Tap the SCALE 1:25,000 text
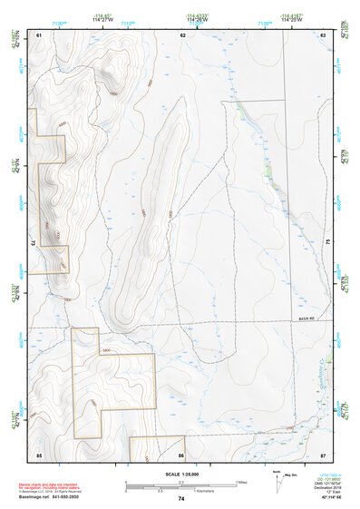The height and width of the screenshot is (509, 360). tap(180, 475)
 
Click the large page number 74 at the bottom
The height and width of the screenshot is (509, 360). tap(181, 498)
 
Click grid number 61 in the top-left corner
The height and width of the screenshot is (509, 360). tap(39, 34)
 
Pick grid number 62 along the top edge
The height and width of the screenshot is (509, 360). tap(182, 34)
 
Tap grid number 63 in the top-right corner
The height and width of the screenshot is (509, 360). tap(322, 34)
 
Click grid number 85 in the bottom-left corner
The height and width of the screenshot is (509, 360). tap(39, 454)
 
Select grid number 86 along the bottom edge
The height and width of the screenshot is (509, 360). tap(181, 454)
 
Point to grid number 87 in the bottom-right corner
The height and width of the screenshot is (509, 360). tap(322, 454)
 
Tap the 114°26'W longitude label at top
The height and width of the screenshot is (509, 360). tap(194, 20)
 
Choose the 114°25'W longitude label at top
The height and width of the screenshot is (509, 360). tap(291, 20)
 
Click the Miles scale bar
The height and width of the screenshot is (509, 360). tap(181, 483)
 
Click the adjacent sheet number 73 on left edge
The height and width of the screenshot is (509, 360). tap(34, 243)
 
